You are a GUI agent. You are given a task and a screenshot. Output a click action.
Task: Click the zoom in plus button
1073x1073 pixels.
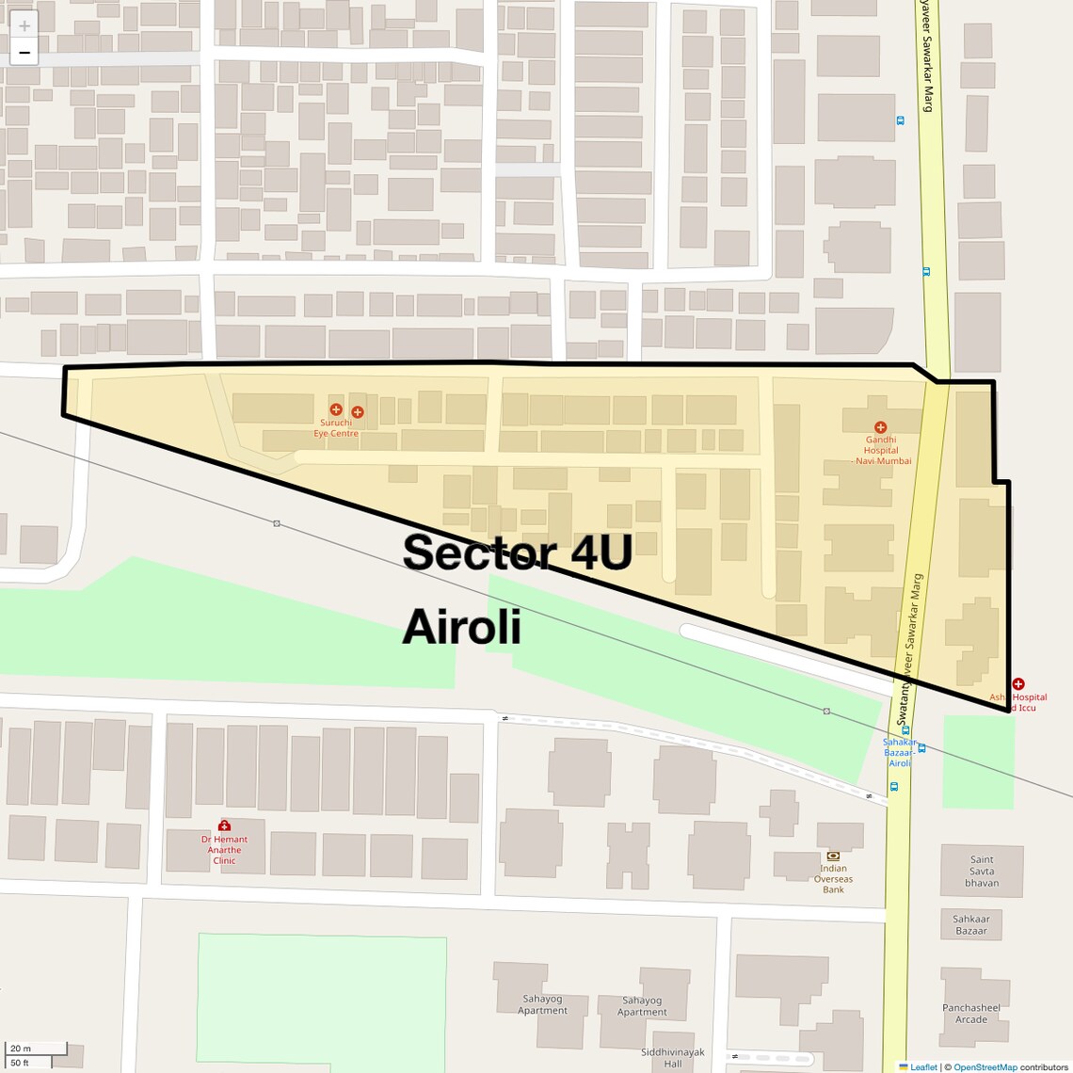coord(24,25)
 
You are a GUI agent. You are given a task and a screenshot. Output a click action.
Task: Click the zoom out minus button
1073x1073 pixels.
coord(24,53)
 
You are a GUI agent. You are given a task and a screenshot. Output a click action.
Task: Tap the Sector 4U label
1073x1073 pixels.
coord(517,553)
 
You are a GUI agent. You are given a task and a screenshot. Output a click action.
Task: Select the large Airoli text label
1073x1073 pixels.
coord(461,627)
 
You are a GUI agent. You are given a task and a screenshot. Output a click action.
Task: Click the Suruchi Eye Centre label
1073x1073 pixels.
coord(336,428)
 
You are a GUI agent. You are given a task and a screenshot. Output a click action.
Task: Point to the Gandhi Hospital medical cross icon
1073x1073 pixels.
coord(880,427)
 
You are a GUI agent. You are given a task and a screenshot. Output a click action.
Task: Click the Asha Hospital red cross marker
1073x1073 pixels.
coord(1017,684)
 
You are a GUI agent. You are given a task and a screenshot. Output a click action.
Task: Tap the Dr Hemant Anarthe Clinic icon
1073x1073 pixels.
coord(224,825)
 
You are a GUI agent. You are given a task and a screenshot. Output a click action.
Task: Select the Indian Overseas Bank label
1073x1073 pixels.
coord(833,879)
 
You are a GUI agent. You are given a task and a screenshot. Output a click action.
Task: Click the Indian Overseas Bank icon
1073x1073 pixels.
coord(833,856)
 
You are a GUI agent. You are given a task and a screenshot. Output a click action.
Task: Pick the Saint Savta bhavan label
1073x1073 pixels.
coord(982,871)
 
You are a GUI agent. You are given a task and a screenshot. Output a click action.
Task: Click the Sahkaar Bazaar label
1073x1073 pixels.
coord(971,925)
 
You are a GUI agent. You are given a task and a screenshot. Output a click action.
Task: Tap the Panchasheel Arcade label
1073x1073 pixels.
coord(971,1014)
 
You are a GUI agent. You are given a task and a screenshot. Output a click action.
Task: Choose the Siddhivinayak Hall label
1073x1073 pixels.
coord(672,1058)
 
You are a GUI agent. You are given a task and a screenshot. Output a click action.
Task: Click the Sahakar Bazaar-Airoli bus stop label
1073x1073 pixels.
coord(900,752)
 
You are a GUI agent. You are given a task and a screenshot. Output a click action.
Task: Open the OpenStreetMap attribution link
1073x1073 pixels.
coord(985,1067)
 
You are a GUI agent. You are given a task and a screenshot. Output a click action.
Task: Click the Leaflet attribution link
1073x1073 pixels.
coord(923,1067)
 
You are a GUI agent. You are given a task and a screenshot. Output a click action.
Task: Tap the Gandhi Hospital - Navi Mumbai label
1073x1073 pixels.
coord(881,450)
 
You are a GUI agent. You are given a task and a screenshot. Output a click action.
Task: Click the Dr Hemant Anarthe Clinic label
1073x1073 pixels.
coord(224,850)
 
